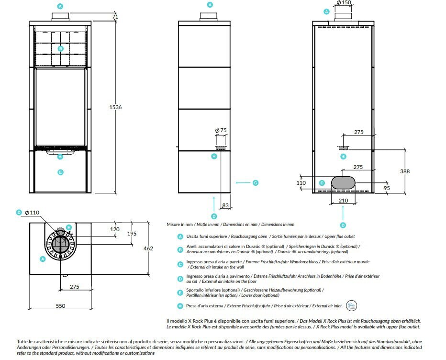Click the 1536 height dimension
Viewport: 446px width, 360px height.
coord(115,107)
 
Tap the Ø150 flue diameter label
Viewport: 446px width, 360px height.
coord(344,2)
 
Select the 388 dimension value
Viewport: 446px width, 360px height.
coord(405,171)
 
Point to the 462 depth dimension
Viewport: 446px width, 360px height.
coord(148,248)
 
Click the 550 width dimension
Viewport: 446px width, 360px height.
coord(61,306)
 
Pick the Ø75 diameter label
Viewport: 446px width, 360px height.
coord(221,130)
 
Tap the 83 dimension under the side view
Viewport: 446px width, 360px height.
coord(225,205)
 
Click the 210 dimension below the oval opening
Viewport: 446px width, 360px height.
coord(343,201)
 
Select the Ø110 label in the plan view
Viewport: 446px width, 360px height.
coord(32,213)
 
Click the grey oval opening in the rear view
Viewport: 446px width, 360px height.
coord(343,182)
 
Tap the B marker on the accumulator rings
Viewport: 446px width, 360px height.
coord(61,49)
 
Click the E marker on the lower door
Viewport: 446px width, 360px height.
coord(60,172)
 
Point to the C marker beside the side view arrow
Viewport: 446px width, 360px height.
coord(256,183)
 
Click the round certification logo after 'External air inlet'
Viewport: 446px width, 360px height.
coord(351,305)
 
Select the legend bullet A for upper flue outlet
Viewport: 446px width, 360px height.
coord(180,236)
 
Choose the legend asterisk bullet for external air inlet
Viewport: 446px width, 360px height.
coord(180,306)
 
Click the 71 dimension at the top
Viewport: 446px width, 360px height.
coord(115,17)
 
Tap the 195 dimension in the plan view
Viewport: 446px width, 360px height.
coord(132,234)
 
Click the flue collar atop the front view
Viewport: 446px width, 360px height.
coord(60,17)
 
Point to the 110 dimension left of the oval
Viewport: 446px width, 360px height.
coord(301,183)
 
